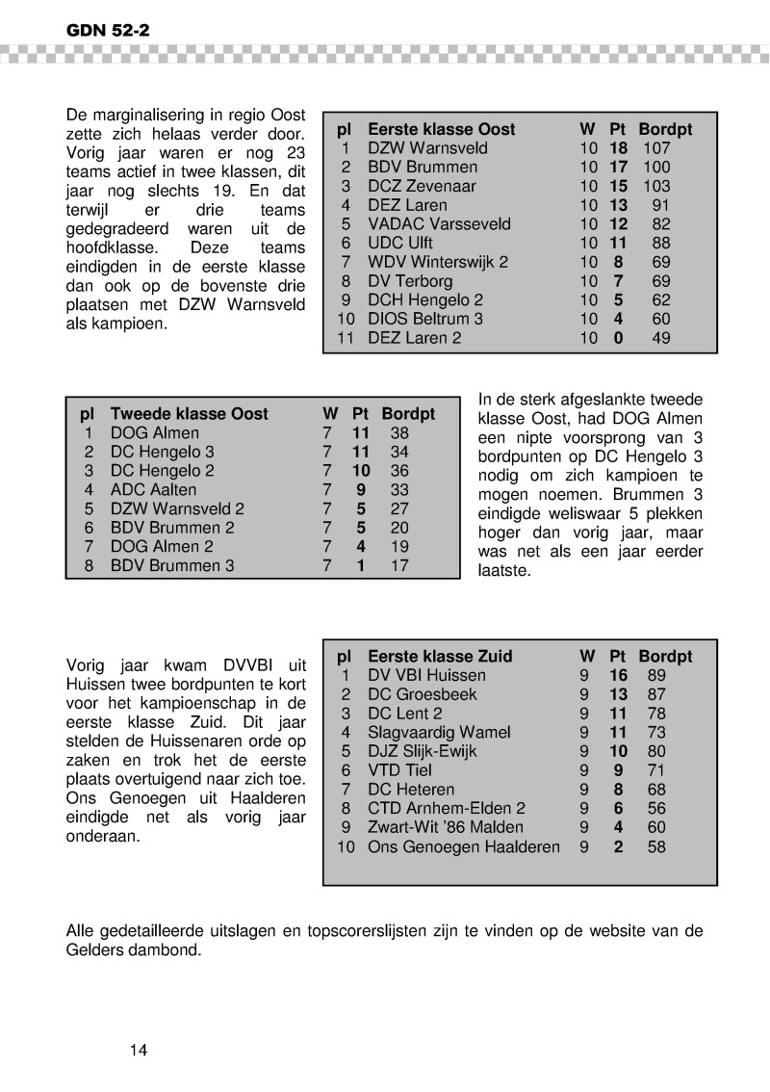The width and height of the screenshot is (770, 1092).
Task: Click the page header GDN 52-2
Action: pos(108,30)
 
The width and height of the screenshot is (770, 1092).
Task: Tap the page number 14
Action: pos(139,1050)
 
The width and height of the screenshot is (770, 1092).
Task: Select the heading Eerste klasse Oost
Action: pos(441,129)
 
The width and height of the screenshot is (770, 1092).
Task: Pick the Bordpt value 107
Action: pos(655,148)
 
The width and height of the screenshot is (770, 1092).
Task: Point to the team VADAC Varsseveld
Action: pos(439,224)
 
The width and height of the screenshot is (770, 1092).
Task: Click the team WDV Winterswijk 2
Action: pos(438,262)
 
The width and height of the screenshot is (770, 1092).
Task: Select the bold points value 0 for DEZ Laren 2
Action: pos(618,338)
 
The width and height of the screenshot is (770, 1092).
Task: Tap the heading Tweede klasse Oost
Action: pos(189,414)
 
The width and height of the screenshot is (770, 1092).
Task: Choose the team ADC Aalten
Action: pos(153,490)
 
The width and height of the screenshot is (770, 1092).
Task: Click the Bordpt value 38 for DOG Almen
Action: pos(399,433)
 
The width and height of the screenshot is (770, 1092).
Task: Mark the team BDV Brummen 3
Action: pos(172,566)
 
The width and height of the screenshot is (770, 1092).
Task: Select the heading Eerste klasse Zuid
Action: pos(440,657)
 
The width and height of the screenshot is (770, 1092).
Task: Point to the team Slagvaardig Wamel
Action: pos(439,733)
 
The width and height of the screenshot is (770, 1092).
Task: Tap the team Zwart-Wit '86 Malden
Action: pos(446,828)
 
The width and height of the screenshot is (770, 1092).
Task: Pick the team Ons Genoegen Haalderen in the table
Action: pos(464,847)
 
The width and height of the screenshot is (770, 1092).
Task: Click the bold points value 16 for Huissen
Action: pos(618,676)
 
